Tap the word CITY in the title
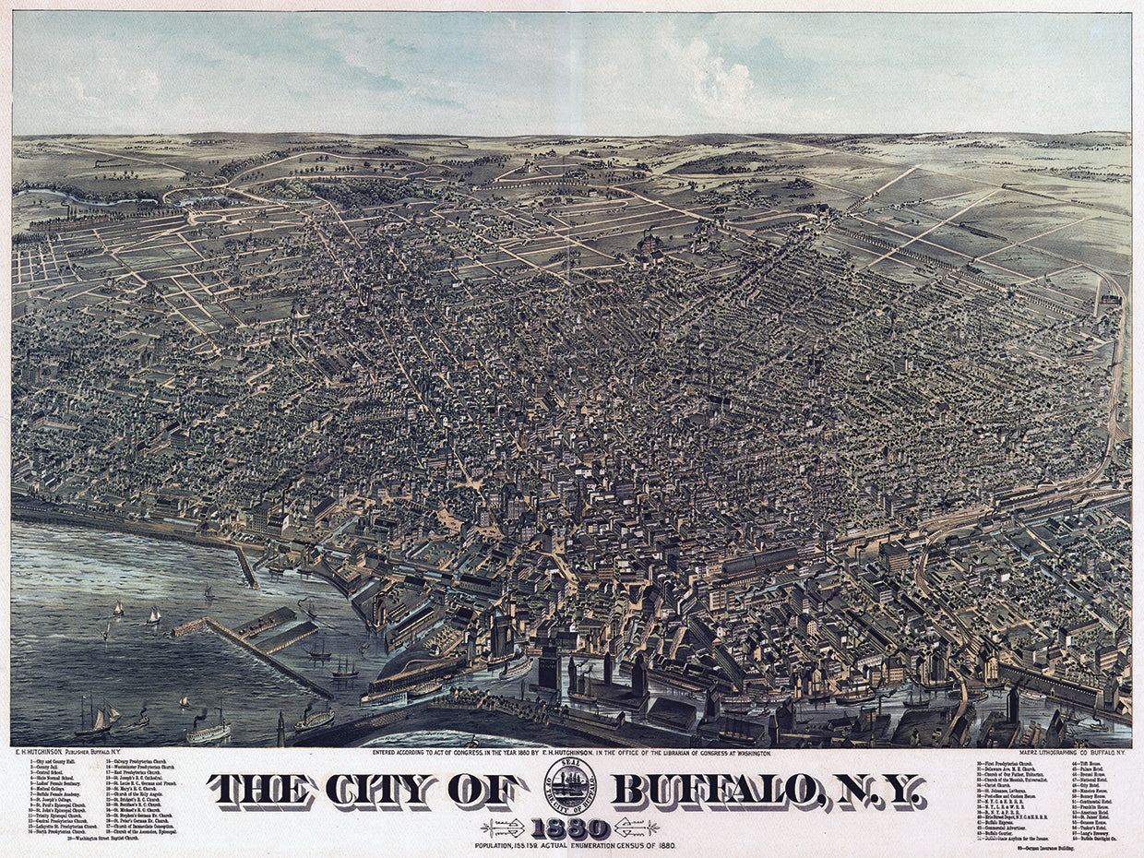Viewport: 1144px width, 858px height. pyautogui.click(x=379, y=790)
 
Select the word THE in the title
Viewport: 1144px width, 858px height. pyautogui.click(x=263, y=790)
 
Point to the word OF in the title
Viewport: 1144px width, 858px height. pyautogui.click(x=482, y=790)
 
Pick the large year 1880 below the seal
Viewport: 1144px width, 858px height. pyautogui.click(x=569, y=828)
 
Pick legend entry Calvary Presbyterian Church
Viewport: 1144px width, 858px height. pyautogui.click(x=138, y=762)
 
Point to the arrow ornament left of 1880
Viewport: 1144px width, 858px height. pyautogui.click(x=504, y=828)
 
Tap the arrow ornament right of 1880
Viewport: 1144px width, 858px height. pyautogui.click(x=637, y=828)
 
